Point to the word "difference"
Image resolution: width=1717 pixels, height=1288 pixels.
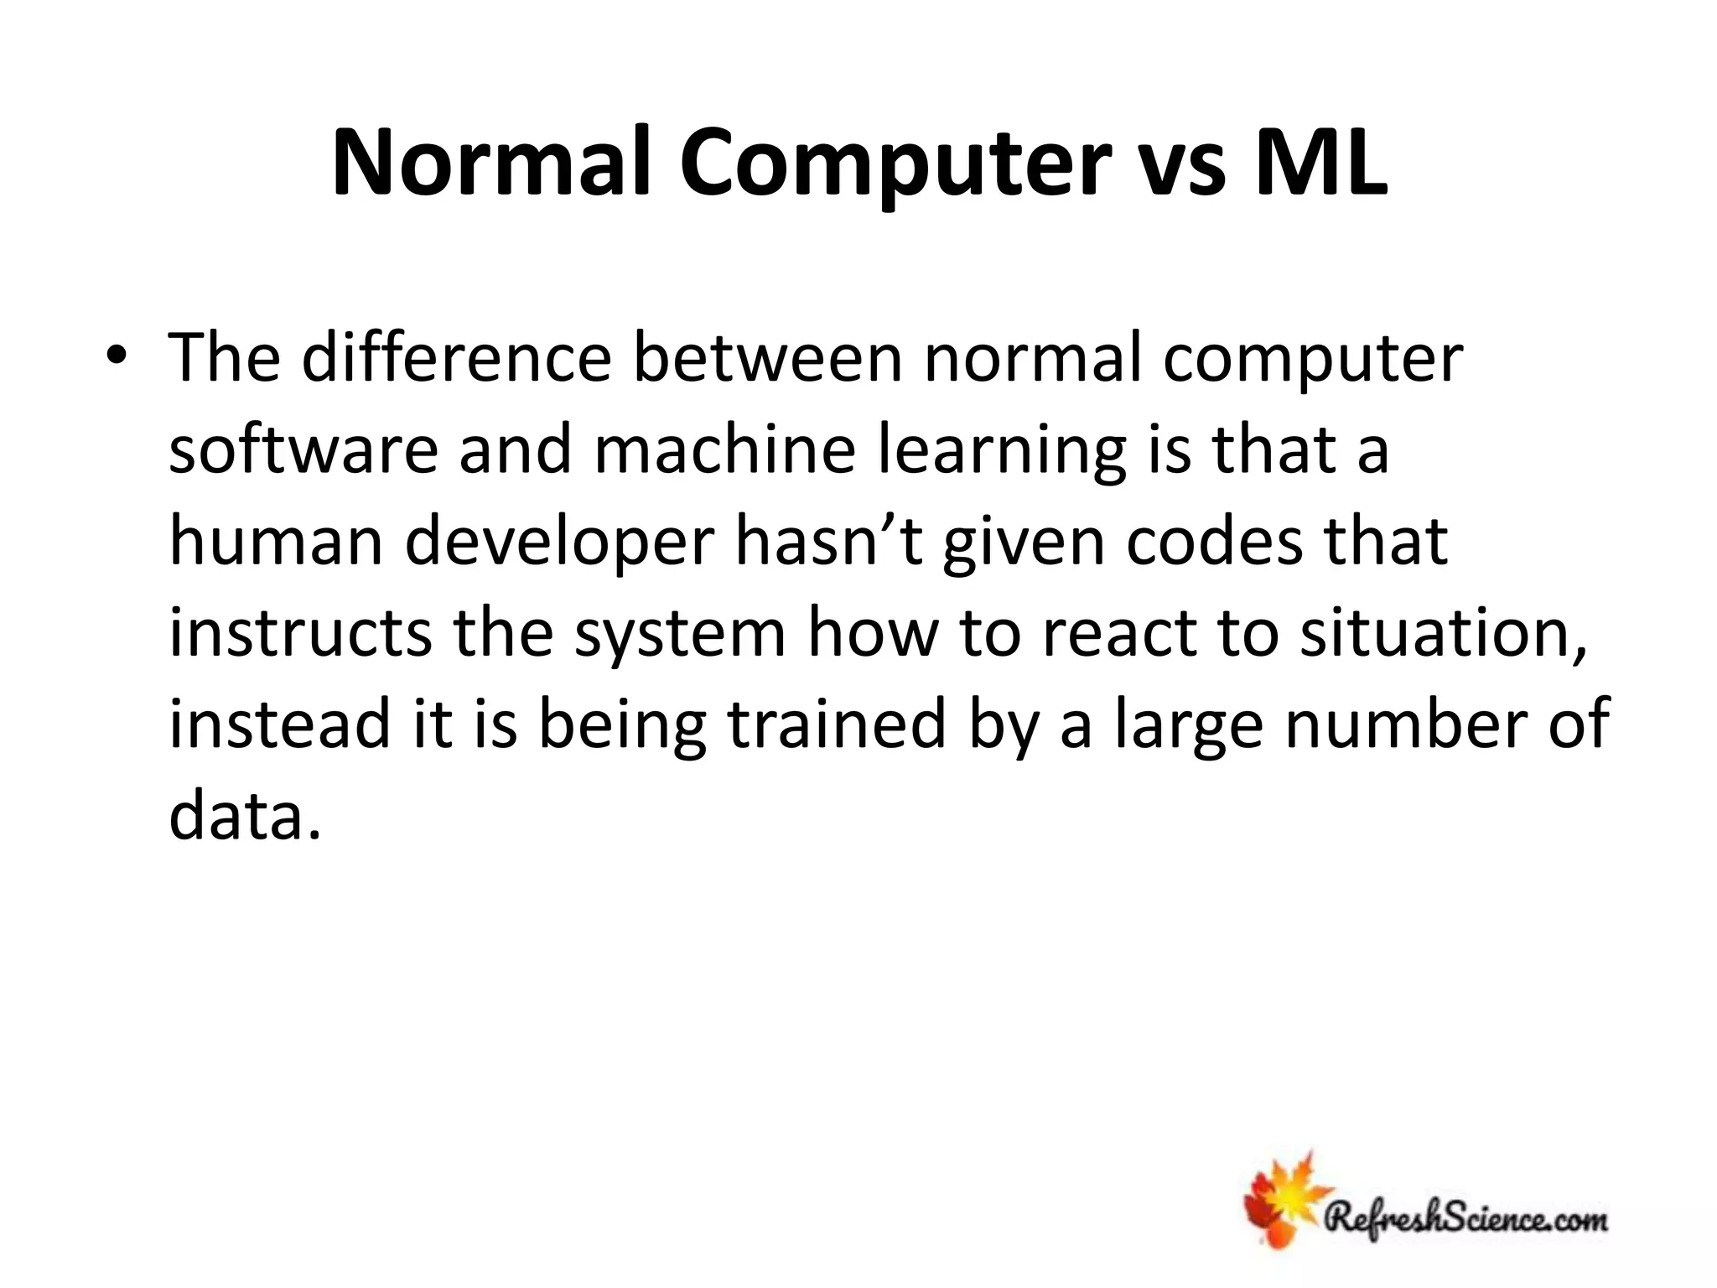click(x=456, y=359)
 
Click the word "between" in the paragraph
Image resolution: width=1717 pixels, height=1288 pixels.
click(x=767, y=359)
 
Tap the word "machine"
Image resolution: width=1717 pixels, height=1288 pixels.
click(x=724, y=450)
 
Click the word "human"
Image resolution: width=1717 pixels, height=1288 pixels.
click(x=277, y=542)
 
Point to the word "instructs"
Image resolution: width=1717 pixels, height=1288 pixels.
click(x=300, y=633)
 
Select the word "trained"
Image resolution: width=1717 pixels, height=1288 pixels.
click(x=837, y=724)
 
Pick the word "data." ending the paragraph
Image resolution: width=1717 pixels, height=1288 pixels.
click(x=246, y=816)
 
